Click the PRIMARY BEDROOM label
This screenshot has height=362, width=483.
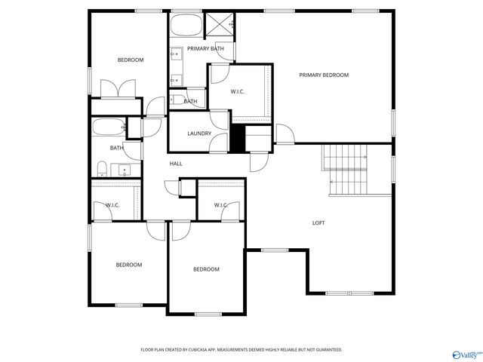click(x=324, y=75)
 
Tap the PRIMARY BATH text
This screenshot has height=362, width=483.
click(x=206, y=49)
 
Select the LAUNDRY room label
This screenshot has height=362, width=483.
click(x=199, y=133)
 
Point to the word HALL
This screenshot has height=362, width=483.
click(x=176, y=164)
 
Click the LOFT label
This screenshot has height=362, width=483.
click(x=319, y=222)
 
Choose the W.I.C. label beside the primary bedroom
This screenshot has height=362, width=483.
click(x=238, y=91)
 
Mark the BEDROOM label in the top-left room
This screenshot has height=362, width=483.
click(x=130, y=60)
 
